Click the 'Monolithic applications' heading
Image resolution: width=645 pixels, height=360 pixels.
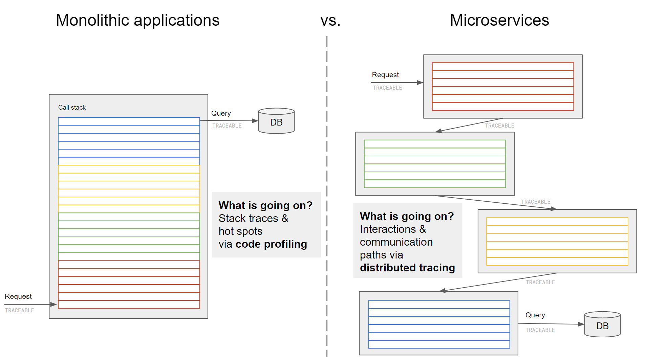point(137,20)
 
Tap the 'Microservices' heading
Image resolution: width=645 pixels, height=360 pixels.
point(499,20)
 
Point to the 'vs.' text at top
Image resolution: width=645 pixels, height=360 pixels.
point(330,21)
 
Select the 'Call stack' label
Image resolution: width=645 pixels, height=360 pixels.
point(72,107)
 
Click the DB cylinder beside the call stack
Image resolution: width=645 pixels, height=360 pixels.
point(276,121)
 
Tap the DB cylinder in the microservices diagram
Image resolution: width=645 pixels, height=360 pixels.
point(602,324)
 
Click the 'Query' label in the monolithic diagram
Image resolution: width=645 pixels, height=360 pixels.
point(221,113)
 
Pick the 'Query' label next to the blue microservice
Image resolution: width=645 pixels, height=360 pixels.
point(535,315)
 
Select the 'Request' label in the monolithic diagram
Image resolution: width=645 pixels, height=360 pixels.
point(18,296)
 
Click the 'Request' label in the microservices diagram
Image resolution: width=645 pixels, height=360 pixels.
point(385,75)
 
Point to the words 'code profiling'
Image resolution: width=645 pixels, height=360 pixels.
point(271,244)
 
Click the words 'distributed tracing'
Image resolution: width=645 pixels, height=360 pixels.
point(407,268)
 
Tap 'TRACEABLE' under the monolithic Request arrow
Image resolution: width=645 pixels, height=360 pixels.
point(20,310)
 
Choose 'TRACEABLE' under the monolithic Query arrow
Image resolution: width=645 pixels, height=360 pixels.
point(227,126)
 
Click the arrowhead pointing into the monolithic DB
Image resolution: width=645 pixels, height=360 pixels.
point(255,121)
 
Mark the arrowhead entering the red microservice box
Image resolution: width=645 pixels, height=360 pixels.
point(420,83)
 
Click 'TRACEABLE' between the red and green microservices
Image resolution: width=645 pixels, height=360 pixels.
point(499,126)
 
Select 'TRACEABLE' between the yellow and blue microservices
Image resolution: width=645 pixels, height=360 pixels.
point(540,282)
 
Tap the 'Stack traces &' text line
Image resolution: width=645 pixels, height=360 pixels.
point(254,218)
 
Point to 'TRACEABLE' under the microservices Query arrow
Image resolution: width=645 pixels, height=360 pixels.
point(540,330)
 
